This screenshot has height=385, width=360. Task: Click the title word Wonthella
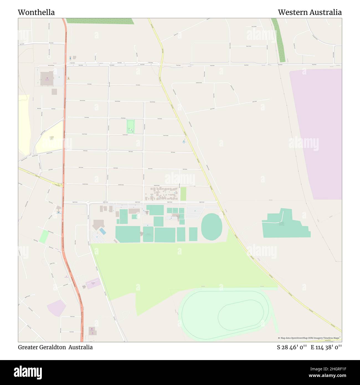(36, 12)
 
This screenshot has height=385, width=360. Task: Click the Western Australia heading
(310, 12)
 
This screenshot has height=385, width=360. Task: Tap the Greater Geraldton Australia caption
(55, 347)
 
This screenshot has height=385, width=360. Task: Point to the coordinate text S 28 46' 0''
(292, 347)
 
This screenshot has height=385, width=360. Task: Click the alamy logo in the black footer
(28, 372)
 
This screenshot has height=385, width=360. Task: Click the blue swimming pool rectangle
(102, 231)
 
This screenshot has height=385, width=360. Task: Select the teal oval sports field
(212, 227)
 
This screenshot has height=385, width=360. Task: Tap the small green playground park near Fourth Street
(131, 126)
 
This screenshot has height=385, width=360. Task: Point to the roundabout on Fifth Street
(108, 151)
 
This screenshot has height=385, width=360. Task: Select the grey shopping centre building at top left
(47, 79)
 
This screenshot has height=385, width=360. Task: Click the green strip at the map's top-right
(279, 40)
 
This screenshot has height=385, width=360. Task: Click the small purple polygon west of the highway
(56, 307)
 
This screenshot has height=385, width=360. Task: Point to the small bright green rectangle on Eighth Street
(183, 194)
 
